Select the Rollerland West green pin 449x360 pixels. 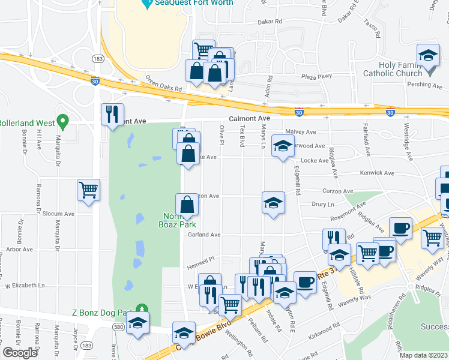60,123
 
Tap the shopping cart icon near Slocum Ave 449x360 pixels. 89,190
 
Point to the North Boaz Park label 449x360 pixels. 181,220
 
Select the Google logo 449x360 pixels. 20,353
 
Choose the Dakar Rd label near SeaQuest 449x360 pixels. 270,22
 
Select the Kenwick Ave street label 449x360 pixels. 377,173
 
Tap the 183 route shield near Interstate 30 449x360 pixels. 96,58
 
